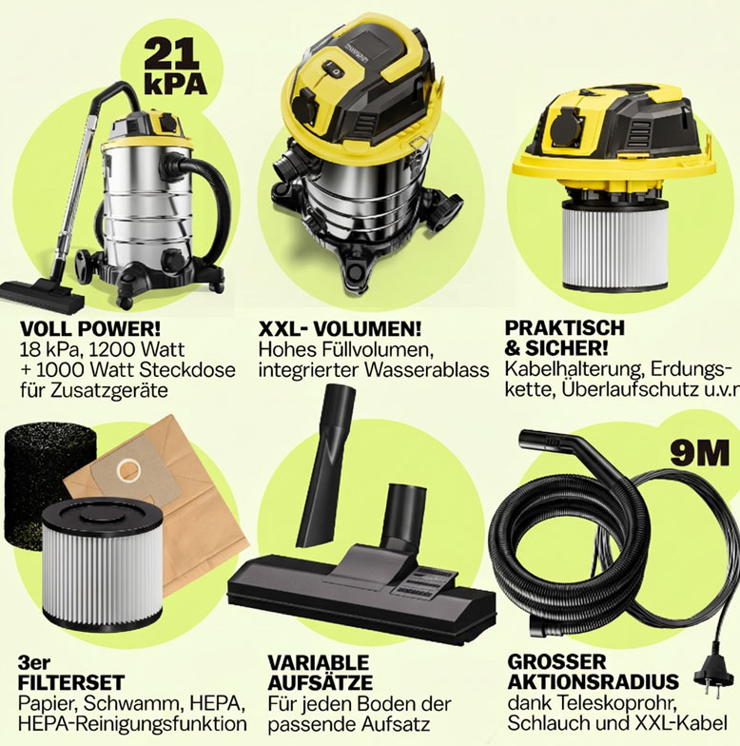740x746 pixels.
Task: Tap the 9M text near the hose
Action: tap(699, 453)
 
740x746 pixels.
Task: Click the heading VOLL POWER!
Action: tap(90, 328)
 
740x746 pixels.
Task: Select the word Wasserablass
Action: tap(427, 370)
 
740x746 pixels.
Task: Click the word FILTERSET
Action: tap(71, 683)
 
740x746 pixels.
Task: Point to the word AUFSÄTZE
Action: tap(320, 683)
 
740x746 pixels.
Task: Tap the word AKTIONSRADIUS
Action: tap(594, 681)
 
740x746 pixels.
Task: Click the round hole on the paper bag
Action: tap(127, 470)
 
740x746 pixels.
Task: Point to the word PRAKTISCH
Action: tap(565, 327)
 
